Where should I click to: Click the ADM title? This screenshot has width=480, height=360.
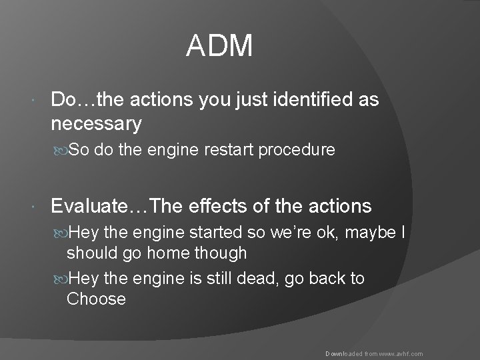[x=219, y=46]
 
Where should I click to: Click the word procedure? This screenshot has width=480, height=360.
[x=297, y=150]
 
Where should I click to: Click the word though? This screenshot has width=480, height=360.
[x=223, y=253]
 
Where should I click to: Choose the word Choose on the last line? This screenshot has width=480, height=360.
[x=96, y=299]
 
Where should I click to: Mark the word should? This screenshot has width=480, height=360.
[x=93, y=253]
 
